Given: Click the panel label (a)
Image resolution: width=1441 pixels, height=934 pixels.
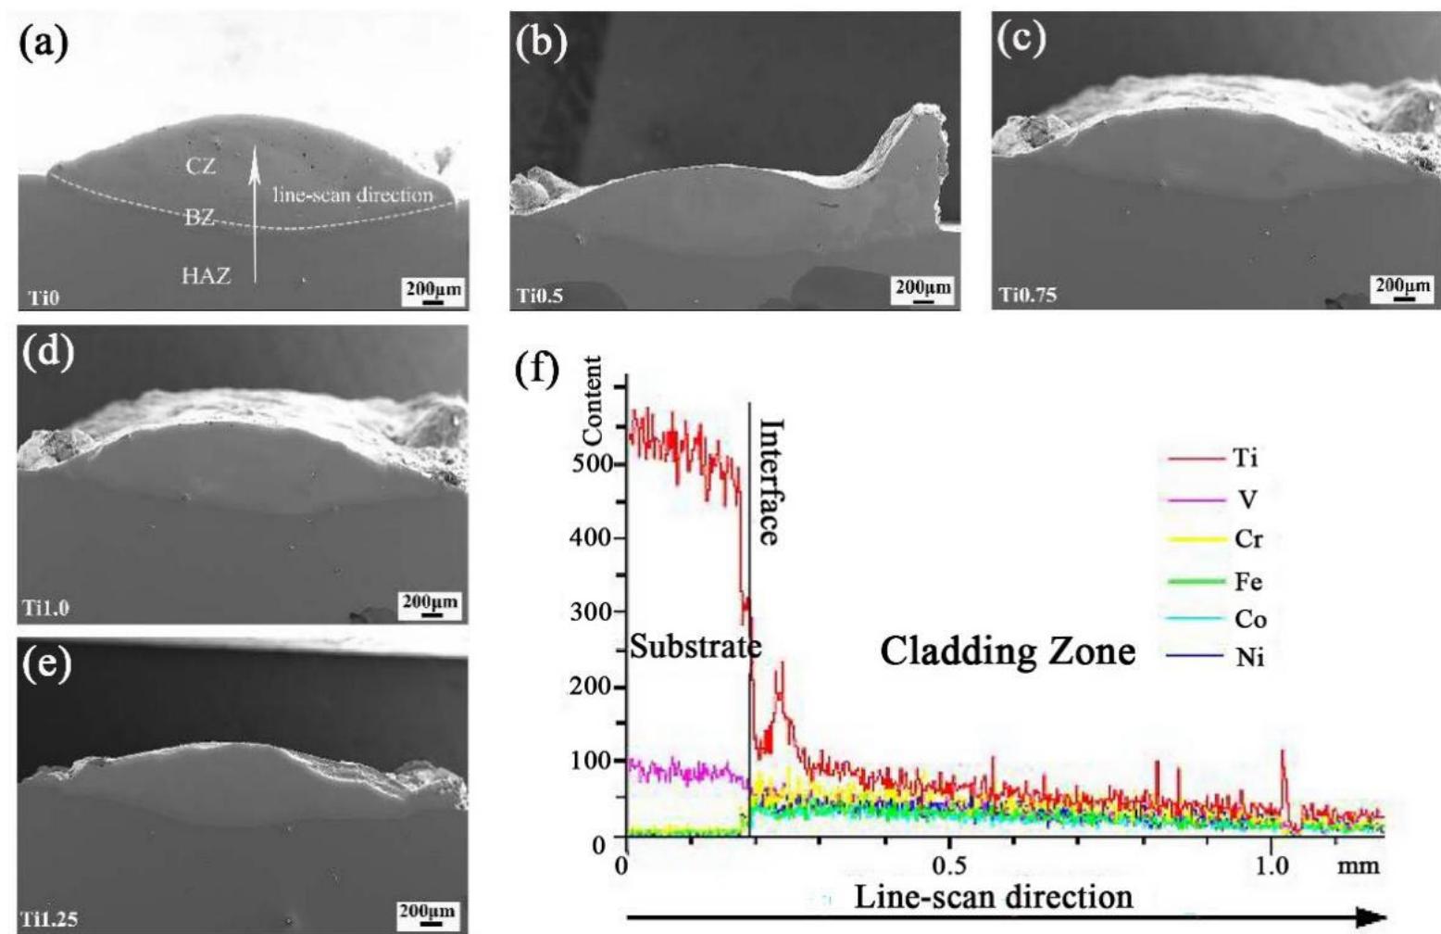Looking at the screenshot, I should (43, 44).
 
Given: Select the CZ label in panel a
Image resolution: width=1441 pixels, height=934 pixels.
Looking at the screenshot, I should (200, 167).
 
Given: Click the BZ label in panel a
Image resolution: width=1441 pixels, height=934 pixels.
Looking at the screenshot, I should (199, 219).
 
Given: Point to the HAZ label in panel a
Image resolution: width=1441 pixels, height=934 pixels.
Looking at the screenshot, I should (206, 275).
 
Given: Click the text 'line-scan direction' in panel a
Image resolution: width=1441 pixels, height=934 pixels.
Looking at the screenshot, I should (353, 196).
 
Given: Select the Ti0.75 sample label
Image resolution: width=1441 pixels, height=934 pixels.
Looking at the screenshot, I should (1026, 297).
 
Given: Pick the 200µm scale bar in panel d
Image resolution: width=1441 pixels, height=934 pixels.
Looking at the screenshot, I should (430, 604).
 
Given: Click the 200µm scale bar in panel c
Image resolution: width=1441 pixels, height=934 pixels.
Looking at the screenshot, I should (1402, 286).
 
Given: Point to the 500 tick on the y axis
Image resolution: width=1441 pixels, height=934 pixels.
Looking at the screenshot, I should (587, 463).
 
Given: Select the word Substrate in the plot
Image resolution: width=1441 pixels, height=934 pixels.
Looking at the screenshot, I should (694, 647).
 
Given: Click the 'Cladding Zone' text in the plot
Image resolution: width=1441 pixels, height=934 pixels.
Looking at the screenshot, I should (1008, 652).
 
